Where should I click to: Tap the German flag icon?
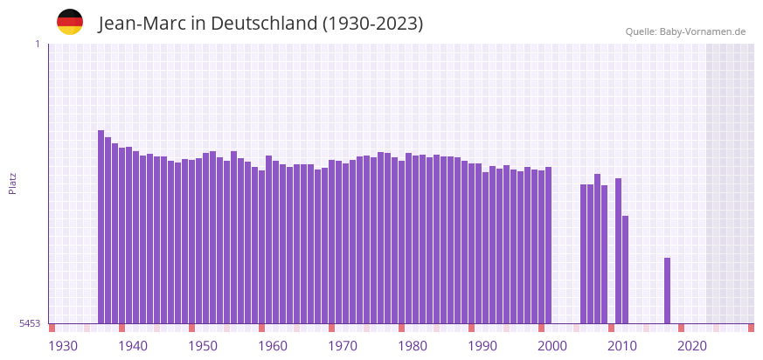pyautogui.click(x=70, y=22)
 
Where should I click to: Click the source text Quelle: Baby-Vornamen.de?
pyautogui.click(x=685, y=31)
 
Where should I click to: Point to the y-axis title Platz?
pyautogui.click(x=13, y=183)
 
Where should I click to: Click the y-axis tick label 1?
pyautogui.click(x=37, y=44)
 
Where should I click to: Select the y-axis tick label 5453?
pyautogui.click(x=30, y=323)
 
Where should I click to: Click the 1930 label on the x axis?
pyautogui.click(x=63, y=346)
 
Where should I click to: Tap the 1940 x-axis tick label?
pyautogui.click(x=133, y=346)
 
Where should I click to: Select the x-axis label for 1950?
pyautogui.click(x=203, y=346)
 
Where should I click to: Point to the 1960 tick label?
pyautogui.click(x=273, y=346)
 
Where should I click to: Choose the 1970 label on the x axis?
pyautogui.click(x=343, y=346)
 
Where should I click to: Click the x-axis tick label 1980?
pyautogui.click(x=413, y=346)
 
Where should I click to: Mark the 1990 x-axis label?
pyautogui.click(x=482, y=346)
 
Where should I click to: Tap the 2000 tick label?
pyautogui.click(x=552, y=346)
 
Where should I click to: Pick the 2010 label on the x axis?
pyautogui.click(x=622, y=346)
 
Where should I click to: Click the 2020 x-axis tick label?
pyautogui.click(x=692, y=346)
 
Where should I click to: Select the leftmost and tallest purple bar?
pyautogui.click(x=101, y=227)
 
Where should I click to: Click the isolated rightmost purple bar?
pyautogui.click(x=667, y=290)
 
